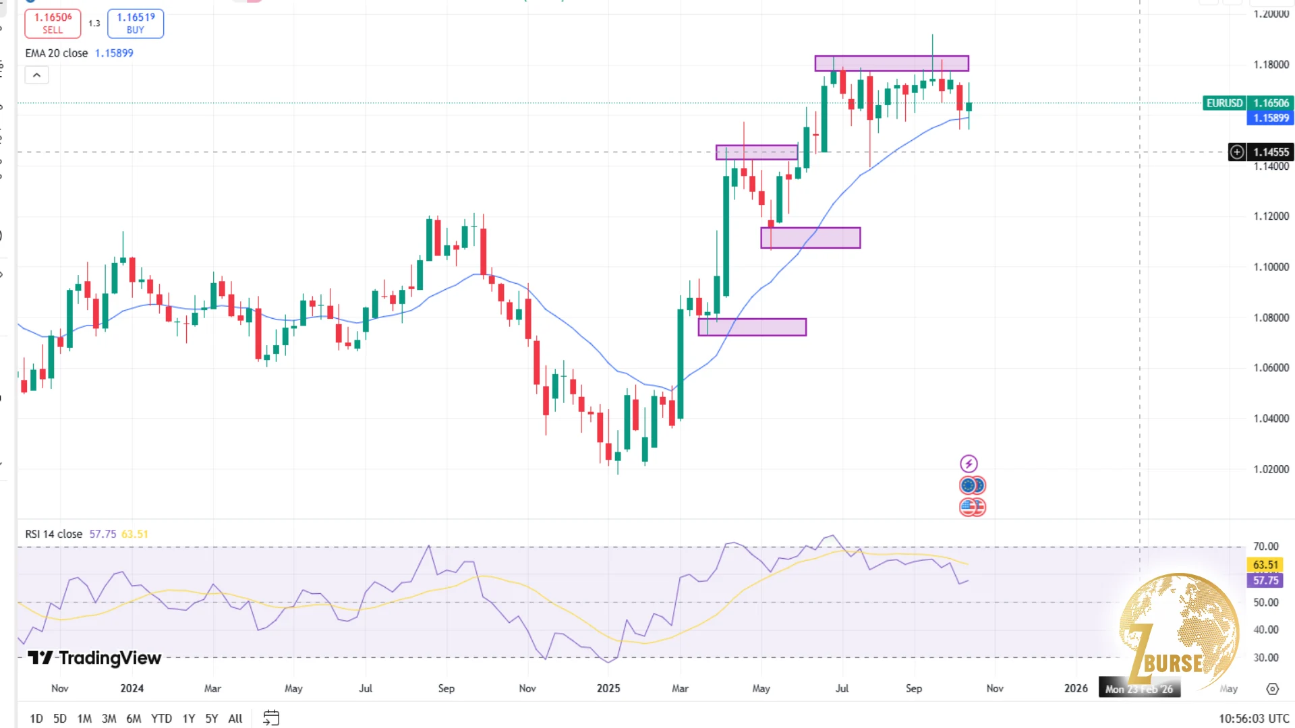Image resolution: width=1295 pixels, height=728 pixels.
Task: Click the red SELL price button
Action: point(53,23)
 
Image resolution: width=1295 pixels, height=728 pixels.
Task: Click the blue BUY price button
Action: point(136,23)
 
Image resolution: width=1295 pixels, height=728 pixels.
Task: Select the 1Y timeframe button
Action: point(189,719)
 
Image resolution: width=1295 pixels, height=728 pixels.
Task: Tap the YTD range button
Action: point(161,719)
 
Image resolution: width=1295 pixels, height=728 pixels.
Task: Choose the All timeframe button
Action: point(235,719)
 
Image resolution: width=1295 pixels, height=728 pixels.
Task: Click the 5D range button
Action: point(60,719)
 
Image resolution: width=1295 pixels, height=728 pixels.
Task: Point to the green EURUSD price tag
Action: point(1224,103)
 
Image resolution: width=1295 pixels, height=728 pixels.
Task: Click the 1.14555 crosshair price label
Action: point(1270,152)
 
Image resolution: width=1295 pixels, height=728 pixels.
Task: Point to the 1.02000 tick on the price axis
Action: point(1271,469)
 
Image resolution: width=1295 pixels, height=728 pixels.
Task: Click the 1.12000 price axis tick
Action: point(1271,216)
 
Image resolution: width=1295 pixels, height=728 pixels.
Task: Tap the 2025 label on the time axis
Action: point(608,688)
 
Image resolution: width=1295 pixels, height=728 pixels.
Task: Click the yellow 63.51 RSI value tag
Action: point(1265,565)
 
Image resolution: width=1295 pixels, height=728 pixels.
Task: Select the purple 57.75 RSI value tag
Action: point(1265,580)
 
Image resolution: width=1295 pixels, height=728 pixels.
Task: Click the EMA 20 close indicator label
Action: point(57,53)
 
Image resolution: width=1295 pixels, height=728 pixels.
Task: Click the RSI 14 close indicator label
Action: point(54,534)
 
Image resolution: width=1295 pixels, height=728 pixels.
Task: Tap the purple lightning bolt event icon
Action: point(969,464)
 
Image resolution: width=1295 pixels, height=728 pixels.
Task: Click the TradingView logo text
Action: point(94,658)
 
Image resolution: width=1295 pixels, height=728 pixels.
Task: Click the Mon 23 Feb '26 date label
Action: point(1139,688)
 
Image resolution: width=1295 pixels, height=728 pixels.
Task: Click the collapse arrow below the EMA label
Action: point(37,75)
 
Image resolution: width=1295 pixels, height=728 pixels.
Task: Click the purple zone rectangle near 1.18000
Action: point(892,63)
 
